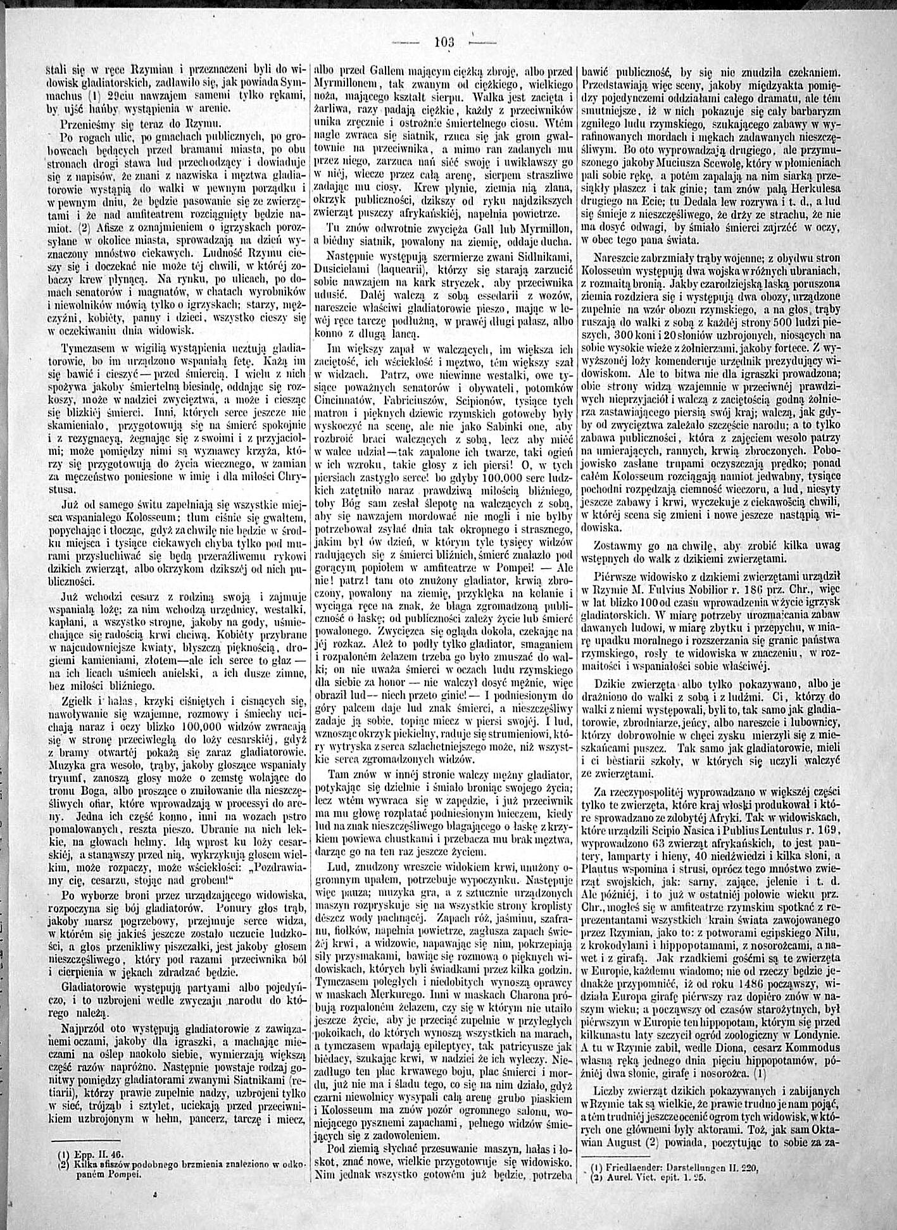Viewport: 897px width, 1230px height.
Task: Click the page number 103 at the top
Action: (x=444, y=42)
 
